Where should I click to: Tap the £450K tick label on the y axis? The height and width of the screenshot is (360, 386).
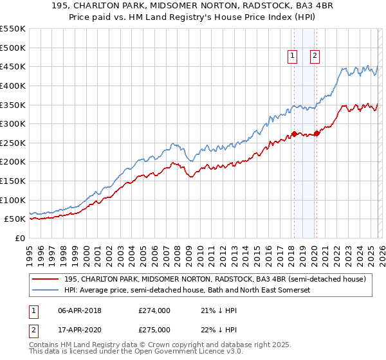[13, 66]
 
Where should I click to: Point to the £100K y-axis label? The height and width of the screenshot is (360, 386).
[13, 200]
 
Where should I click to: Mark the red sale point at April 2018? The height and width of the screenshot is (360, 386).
[294, 134]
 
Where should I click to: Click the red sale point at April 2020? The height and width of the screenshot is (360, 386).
[317, 134]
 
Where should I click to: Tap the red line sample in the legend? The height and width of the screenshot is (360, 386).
[46, 279]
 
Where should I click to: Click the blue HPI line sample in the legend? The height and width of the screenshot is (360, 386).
[46, 291]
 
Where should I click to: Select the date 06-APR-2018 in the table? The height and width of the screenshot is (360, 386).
[79, 310]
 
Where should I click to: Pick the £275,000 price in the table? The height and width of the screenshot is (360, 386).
[154, 330]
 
